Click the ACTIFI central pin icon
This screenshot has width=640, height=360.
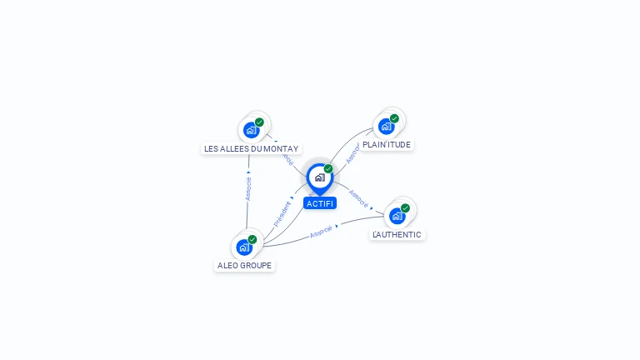(319, 177)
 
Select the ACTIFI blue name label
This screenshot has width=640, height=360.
(319, 203)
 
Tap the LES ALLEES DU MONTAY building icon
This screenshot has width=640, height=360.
(250, 130)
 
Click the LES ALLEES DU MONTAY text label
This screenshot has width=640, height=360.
(251, 148)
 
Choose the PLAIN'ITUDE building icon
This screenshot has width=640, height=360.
(386, 127)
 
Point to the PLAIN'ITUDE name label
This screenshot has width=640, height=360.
(387, 144)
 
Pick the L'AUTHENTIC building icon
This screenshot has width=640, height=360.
(397, 217)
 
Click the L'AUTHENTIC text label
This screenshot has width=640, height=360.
(397, 234)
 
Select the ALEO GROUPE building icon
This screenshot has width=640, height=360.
(243, 247)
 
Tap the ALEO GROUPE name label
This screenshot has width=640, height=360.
(244, 265)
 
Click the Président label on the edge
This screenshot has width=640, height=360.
(282, 213)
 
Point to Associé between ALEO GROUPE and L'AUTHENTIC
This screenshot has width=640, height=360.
(321, 231)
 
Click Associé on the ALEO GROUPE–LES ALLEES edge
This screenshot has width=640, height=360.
(247, 188)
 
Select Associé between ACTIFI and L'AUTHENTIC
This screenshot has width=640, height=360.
(358, 197)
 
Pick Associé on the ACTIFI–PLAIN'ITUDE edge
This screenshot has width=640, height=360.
(352, 152)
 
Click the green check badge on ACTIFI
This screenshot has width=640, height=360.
(328, 168)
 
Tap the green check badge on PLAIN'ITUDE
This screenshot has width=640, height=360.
(394, 118)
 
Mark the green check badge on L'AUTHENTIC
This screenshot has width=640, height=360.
(405, 208)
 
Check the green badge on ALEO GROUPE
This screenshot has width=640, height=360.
(252, 239)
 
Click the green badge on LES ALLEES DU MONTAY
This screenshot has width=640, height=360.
(259, 122)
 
